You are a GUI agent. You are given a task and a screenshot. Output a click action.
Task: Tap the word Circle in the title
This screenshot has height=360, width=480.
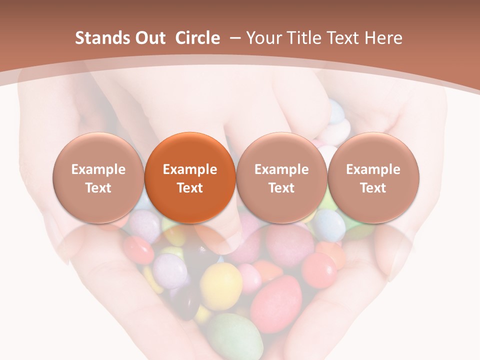(197, 38)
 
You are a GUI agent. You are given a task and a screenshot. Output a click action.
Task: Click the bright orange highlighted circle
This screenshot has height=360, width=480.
(190, 178)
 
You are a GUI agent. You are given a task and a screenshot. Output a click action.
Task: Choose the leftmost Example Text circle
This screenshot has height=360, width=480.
(98, 178)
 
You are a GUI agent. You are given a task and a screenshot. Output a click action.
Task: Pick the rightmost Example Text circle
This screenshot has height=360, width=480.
(373, 178)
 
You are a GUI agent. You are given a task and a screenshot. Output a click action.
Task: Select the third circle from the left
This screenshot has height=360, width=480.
(281, 178)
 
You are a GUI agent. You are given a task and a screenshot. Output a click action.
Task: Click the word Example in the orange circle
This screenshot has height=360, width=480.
(190, 169)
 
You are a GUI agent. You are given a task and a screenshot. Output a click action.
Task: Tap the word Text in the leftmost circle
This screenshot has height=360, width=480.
(98, 188)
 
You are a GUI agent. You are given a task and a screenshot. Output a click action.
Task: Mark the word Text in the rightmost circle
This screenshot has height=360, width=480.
(373, 188)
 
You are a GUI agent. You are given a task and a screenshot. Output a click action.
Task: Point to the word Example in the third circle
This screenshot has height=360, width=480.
(281, 169)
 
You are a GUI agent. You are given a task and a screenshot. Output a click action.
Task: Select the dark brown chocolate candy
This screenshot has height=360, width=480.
(187, 302)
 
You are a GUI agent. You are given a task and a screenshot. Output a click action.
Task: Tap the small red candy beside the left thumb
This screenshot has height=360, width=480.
(138, 249)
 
